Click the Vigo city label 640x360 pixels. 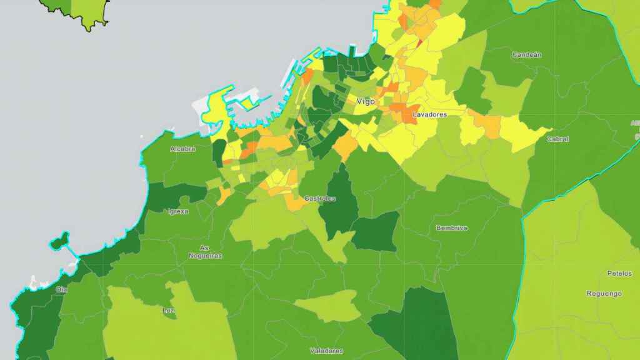tap(366, 101)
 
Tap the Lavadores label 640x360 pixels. tap(430, 115)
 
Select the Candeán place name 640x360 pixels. tap(527, 55)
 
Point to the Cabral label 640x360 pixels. tap(557, 139)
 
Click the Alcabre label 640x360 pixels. tap(182, 149)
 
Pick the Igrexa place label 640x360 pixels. tap(178, 211)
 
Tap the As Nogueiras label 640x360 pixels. tap(206, 252)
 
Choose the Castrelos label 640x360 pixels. tap(319, 199)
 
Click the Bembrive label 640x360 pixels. tap(451, 228)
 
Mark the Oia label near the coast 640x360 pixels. tap(61, 289)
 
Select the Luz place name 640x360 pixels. tap(169, 311)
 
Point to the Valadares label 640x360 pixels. tap(326, 351)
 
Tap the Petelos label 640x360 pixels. tap(619, 274)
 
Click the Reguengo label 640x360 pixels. tap(604, 294)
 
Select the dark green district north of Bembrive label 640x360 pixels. tap(375, 232)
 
